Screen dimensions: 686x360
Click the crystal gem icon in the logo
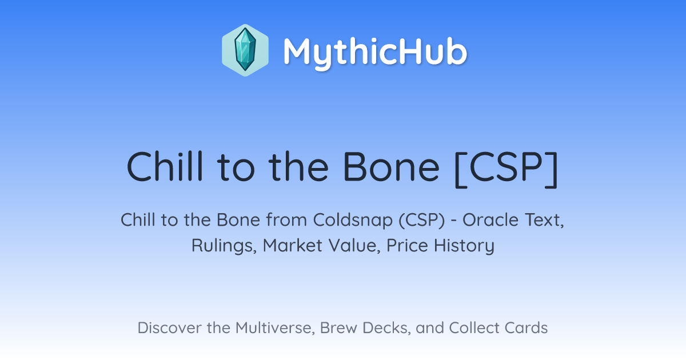[245, 50]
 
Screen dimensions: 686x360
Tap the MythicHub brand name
[375, 52]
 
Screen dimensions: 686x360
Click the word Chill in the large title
[165, 167]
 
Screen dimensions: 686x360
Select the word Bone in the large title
[391, 167]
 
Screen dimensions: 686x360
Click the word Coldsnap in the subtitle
[353, 221]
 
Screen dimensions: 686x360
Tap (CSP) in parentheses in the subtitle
[422, 221]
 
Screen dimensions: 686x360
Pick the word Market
[293, 246]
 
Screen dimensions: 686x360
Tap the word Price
[407, 246]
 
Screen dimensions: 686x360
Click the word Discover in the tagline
[170, 328]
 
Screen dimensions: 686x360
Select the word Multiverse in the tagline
[275, 328]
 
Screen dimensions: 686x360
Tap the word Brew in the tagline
[338, 328]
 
